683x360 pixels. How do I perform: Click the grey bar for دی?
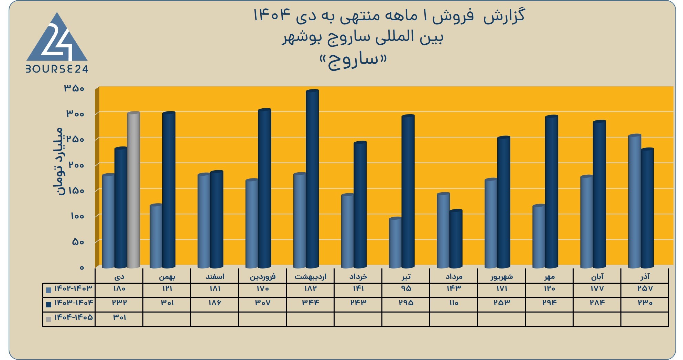coord(133,190)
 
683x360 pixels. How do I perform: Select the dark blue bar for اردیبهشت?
coord(312,179)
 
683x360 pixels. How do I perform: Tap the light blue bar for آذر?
coord(635,201)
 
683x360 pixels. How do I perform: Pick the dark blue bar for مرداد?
coord(456,239)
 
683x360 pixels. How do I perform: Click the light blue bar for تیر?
coord(395,243)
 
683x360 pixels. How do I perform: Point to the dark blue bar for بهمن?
coord(169,190)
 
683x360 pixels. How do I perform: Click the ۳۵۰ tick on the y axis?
coord(74,88)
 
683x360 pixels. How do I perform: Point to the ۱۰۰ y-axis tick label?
coord(77,216)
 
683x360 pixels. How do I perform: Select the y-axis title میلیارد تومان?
coord(58,162)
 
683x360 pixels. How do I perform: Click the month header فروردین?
coord(262,276)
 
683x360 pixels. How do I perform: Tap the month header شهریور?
coord(501,276)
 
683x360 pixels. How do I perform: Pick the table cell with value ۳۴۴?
coord(311,303)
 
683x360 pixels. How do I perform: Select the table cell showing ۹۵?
coord(406,288)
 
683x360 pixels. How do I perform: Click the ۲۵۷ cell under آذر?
coord(645,288)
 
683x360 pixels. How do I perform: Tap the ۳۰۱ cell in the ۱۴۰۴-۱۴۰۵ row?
coord(119,317)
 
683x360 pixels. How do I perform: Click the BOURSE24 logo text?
coord(57,69)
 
